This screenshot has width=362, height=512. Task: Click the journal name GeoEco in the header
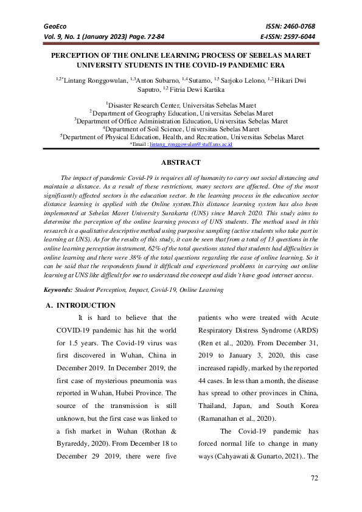pos(53,26)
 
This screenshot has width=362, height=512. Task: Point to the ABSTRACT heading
pos(181,163)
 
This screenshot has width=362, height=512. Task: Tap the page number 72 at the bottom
pos(315,479)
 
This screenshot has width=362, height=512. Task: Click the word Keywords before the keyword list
pos(58,290)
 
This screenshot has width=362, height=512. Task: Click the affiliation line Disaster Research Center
pos(181,105)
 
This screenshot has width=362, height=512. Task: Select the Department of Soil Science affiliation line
pos(181,129)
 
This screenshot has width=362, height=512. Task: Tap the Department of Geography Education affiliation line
pos(181,112)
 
